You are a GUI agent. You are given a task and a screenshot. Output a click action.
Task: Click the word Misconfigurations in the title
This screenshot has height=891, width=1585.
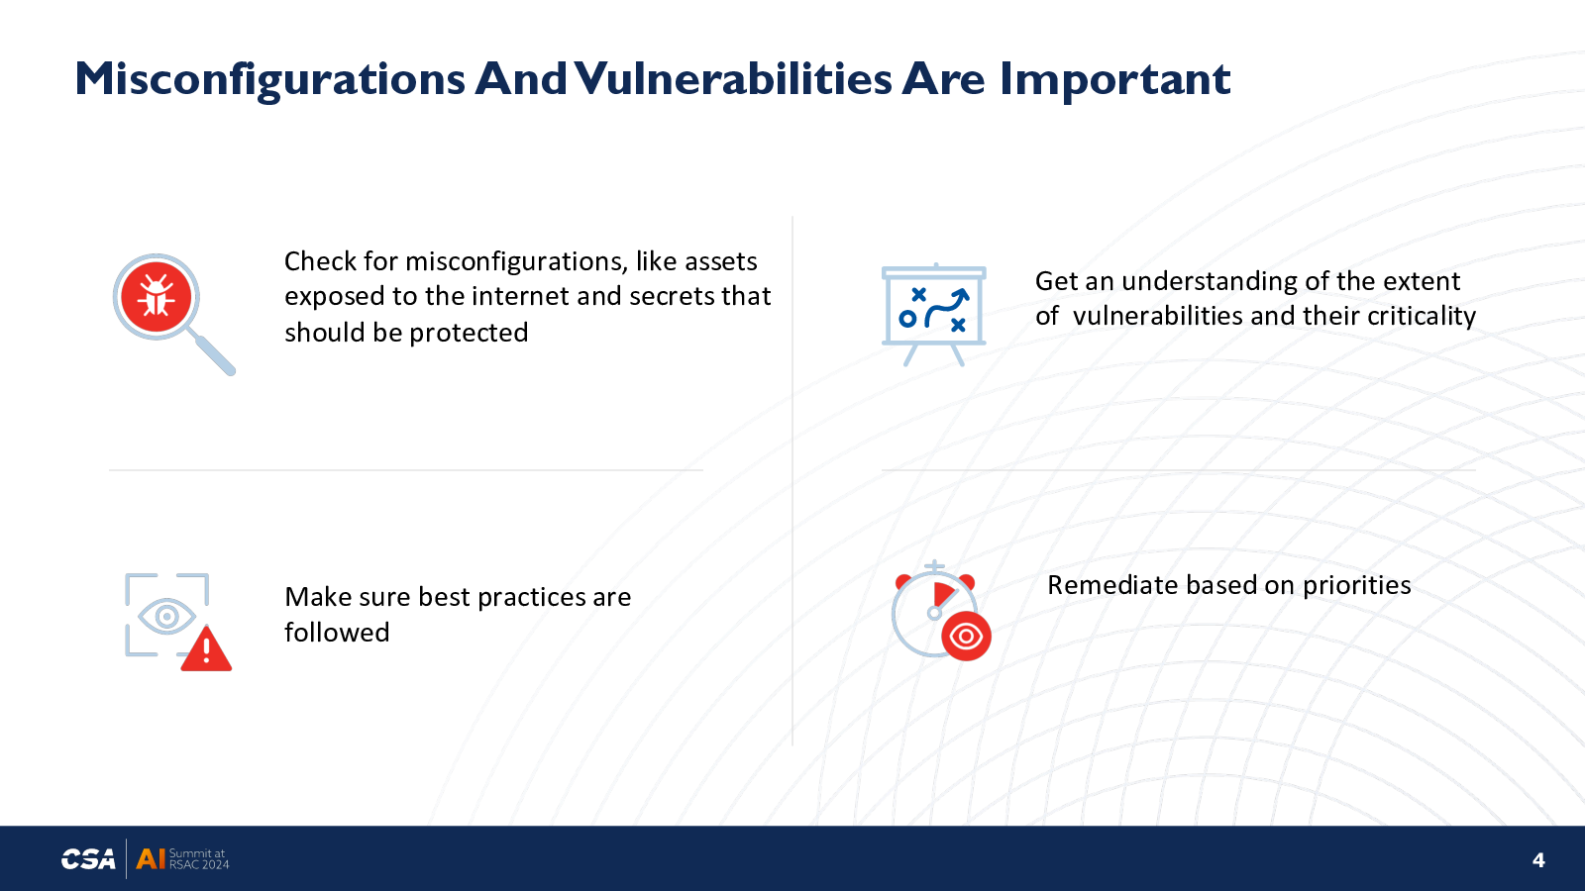269,79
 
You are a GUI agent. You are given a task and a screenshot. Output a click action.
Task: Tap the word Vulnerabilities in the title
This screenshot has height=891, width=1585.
733,78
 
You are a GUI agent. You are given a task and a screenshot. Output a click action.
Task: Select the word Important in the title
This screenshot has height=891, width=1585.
1115,80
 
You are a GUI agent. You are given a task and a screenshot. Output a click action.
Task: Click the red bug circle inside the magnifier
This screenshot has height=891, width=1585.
156,297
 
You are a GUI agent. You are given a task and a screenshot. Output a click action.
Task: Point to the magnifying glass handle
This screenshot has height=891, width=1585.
214,354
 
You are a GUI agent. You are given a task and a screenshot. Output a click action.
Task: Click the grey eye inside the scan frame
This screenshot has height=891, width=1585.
167,617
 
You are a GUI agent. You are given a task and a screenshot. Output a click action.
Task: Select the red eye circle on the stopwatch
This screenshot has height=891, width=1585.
966,637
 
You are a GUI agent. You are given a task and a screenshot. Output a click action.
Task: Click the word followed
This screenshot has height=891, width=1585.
337,633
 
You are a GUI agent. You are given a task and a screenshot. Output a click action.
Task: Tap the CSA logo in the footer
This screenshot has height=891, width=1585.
88,859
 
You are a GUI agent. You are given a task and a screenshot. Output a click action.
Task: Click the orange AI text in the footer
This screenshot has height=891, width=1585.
150,859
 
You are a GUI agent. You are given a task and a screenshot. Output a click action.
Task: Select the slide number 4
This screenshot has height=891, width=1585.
1538,860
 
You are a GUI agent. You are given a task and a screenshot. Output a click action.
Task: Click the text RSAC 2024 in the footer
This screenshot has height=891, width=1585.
199,865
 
